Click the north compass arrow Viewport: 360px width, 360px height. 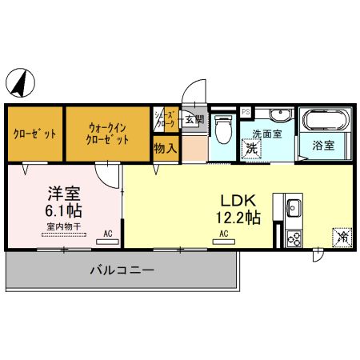point(22,82)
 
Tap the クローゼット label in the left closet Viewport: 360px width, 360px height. point(35,134)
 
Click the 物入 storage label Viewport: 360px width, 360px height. point(165,148)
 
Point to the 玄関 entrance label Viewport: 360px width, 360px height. point(194,119)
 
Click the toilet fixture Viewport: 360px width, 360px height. point(223,128)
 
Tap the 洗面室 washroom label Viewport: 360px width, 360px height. point(266,134)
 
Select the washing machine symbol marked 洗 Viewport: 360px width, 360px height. point(251,149)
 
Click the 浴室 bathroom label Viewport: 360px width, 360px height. point(323,146)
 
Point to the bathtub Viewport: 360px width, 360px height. point(325,122)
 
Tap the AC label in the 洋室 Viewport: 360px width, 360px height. point(108,233)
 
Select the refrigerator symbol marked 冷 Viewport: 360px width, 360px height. point(341,237)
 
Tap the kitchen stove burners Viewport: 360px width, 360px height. point(293,237)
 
